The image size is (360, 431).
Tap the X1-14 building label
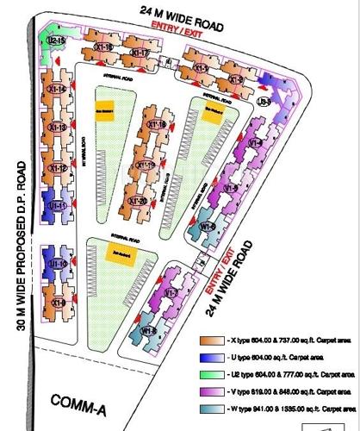(x=59, y=88)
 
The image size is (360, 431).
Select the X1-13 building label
(x=58, y=128)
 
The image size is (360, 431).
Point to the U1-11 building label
(x=58, y=206)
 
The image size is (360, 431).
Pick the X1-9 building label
(x=58, y=303)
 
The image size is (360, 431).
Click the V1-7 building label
(x=171, y=294)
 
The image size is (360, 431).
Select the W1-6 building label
(x=208, y=226)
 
